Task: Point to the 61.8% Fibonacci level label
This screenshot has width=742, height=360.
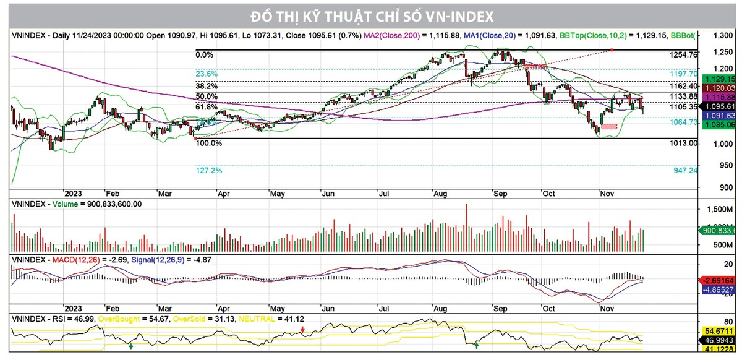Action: [x=207, y=108]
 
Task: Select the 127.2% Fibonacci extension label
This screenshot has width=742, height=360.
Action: [x=209, y=170]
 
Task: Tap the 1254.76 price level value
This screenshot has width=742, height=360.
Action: [x=683, y=55]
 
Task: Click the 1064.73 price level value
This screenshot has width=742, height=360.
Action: [x=683, y=123]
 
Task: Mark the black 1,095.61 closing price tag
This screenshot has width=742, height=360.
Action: [x=718, y=106]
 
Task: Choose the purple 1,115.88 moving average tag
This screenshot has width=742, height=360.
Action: [x=718, y=97]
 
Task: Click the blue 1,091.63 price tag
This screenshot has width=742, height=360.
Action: [x=718, y=115]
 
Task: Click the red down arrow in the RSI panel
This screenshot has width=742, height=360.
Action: [x=302, y=332]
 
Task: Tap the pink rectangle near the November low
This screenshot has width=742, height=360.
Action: [x=609, y=126]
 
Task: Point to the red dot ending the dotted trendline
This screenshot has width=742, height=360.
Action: [x=611, y=49]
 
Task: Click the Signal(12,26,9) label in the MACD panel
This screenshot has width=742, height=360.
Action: [x=155, y=259]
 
